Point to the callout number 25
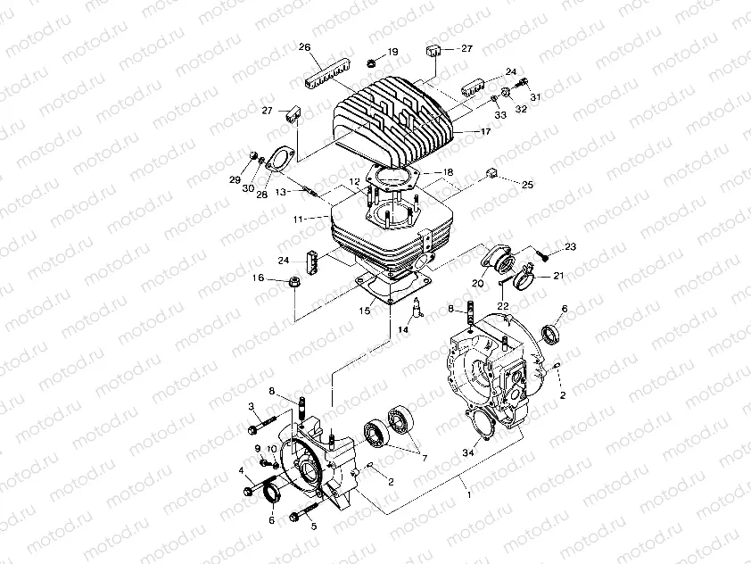point(527,185)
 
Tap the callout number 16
point(258,278)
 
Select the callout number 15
point(364,311)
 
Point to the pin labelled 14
point(417,309)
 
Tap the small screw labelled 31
point(524,83)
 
